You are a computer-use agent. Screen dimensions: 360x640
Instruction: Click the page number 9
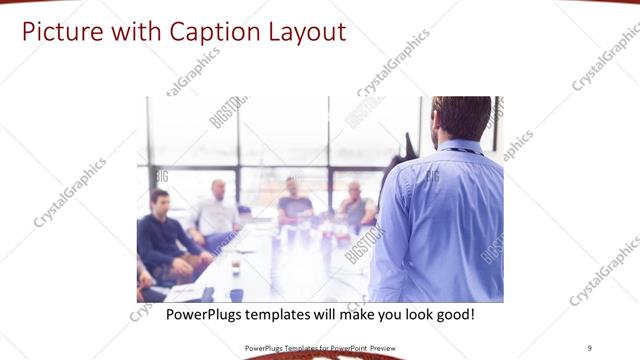tap(590, 347)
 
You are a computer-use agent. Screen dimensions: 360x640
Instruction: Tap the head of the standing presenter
tap(462, 117)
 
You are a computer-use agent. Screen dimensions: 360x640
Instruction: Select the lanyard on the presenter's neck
tap(461, 151)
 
